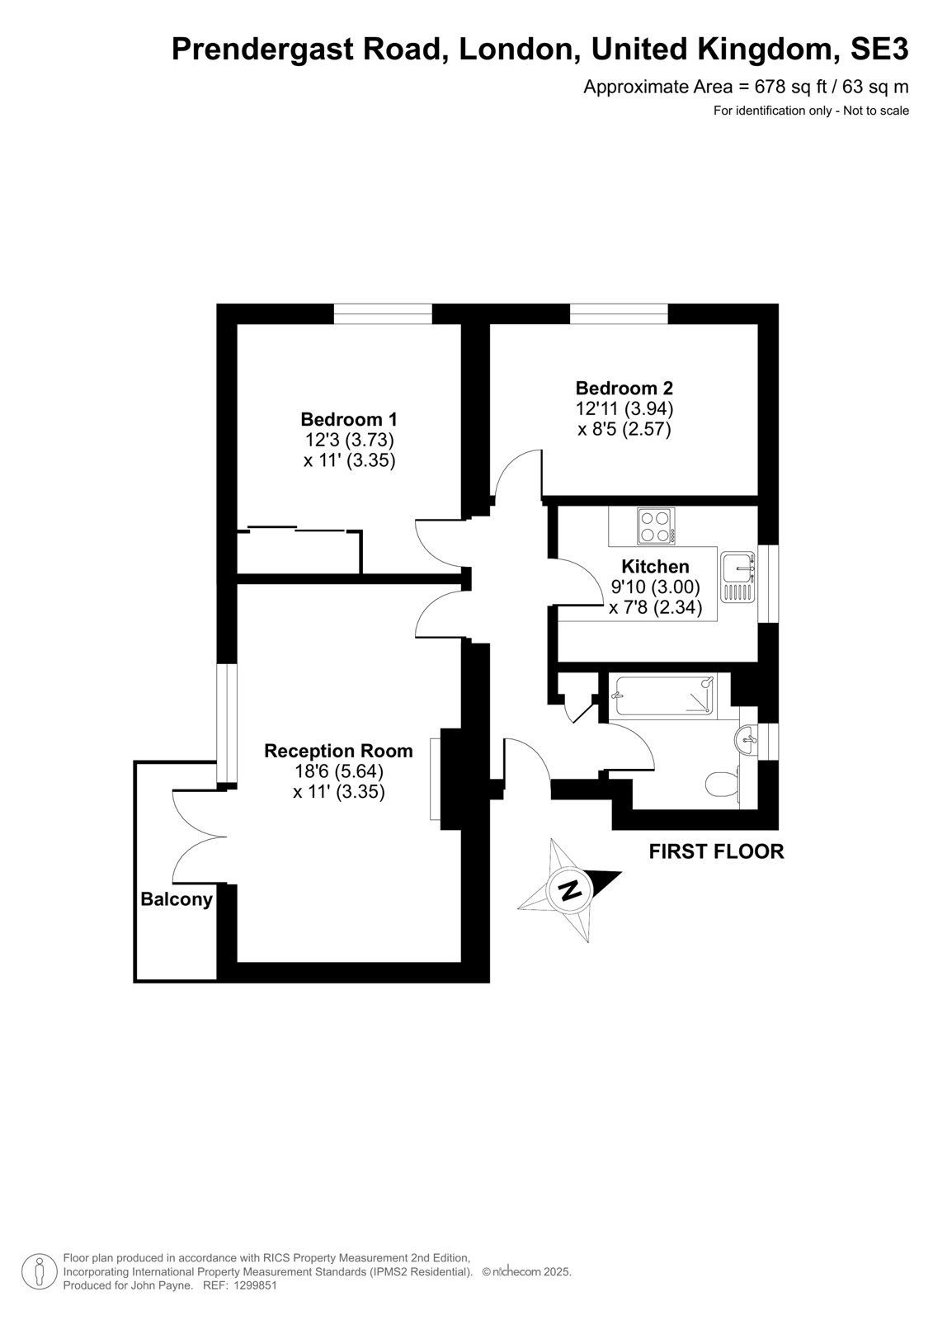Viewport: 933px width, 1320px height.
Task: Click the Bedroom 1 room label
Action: [348, 419]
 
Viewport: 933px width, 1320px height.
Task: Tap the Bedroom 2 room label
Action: [624, 388]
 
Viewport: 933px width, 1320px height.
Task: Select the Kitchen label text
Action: [655, 566]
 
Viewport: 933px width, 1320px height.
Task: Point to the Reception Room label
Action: [338, 751]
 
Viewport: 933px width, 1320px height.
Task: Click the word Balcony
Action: [177, 899]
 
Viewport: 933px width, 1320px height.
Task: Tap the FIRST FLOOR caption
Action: [716, 851]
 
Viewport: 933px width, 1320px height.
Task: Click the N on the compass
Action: [569, 889]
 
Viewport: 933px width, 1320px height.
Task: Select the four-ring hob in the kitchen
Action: [656, 526]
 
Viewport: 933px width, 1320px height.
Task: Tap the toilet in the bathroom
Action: [722, 783]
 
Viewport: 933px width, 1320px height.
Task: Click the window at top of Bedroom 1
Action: [383, 313]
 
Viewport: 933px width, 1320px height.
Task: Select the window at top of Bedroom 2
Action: [618, 313]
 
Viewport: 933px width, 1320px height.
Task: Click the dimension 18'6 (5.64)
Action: [338, 771]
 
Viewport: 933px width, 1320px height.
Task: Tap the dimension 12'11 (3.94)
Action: [624, 408]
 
